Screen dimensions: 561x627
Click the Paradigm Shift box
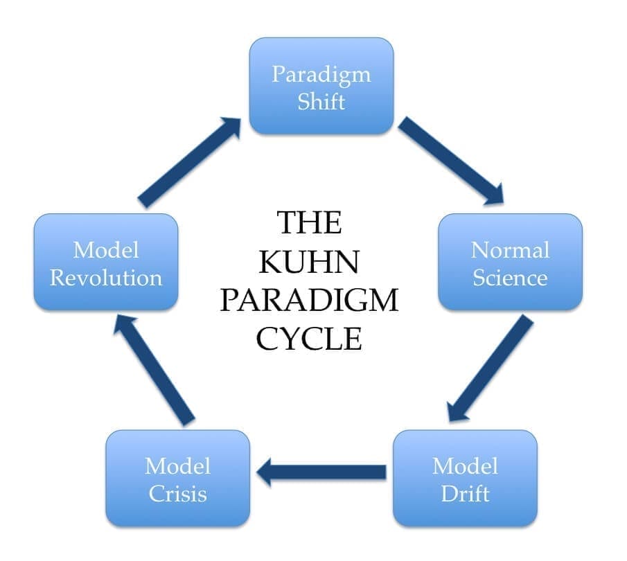[x=321, y=86]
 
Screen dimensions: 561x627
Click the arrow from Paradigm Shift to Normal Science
[x=451, y=161]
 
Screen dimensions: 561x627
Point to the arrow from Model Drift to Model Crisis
[x=321, y=472]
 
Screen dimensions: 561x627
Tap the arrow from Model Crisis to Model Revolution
[x=154, y=368]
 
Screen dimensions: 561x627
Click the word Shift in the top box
[x=321, y=101]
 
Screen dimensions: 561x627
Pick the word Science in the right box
[x=511, y=278]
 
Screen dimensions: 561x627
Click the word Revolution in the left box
[x=106, y=278]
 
